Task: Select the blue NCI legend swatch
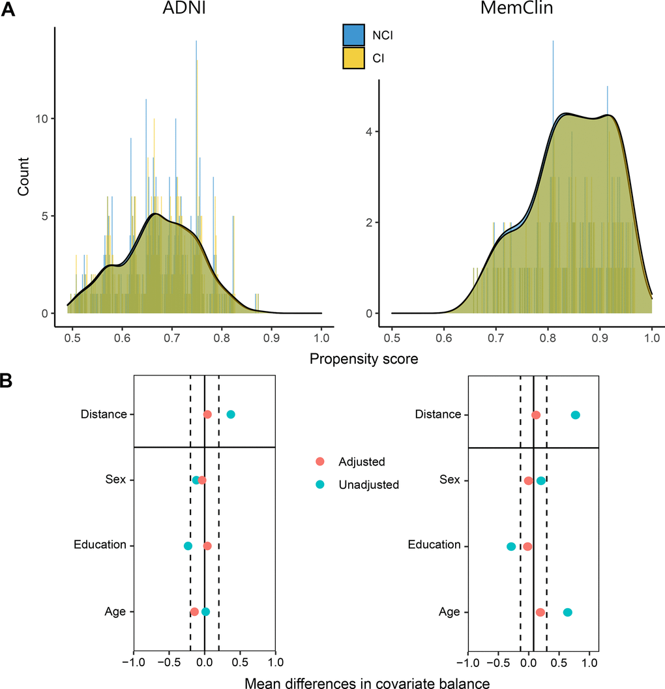(x=353, y=35)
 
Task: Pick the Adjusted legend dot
(x=319, y=462)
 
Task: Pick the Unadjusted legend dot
(x=319, y=485)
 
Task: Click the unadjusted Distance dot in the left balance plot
(x=231, y=415)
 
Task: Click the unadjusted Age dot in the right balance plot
(x=567, y=612)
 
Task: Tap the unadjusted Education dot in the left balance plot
(x=188, y=546)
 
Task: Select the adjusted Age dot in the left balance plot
(x=194, y=612)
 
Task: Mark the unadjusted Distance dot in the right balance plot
(x=575, y=415)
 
